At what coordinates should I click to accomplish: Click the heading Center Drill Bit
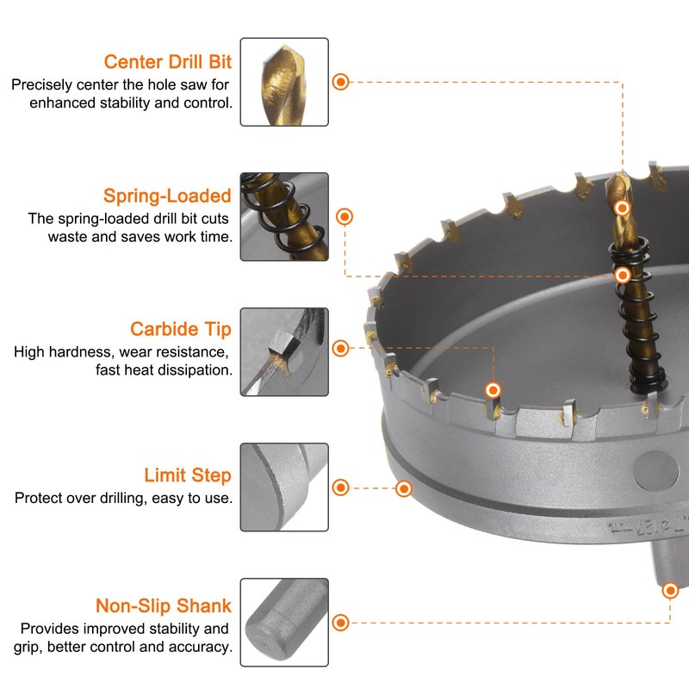click(167, 61)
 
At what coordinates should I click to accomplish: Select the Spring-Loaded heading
click(167, 196)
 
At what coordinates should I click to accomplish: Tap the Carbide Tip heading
click(180, 329)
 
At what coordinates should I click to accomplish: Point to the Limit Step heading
click(187, 475)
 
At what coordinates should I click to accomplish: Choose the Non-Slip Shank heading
click(163, 605)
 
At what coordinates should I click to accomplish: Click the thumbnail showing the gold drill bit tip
click(284, 82)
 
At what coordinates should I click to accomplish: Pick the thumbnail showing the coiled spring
click(284, 217)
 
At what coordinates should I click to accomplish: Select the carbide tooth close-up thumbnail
click(284, 351)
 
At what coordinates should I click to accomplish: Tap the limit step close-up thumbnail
click(284, 487)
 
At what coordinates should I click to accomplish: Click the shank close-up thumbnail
click(284, 622)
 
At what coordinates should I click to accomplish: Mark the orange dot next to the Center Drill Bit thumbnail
click(341, 82)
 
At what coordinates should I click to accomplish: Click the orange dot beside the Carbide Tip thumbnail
click(341, 348)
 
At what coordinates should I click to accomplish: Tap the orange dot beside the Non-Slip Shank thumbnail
click(341, 622)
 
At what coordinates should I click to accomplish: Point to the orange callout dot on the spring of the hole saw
click(623, 275)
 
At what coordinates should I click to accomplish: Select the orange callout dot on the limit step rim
click(403, 488)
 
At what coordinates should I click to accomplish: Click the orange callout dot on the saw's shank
click(670, 590)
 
